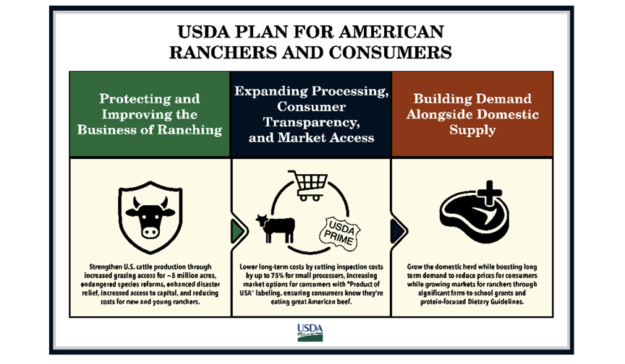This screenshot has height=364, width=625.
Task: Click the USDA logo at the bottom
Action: click(x=310, y=332)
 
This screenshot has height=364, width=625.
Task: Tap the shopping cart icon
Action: click(x=308, y=186)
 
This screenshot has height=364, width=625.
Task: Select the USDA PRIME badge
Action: click(x=339, y=234)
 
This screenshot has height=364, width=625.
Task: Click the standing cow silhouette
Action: click(x=276, y=228)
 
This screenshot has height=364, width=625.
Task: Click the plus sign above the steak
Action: click(x=489, y=194)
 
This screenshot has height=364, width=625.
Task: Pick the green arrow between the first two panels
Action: click(x=238, y=231)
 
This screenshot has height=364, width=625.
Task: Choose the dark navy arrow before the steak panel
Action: click(x=398, y=231)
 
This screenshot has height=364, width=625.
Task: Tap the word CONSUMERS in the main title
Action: click(x=390, y=53)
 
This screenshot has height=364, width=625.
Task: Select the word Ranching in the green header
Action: click(x=190, y=131)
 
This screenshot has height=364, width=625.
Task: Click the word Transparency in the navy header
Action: click(x=311, y=122)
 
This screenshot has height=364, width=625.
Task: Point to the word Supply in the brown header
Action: click(x=472, y=130)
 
